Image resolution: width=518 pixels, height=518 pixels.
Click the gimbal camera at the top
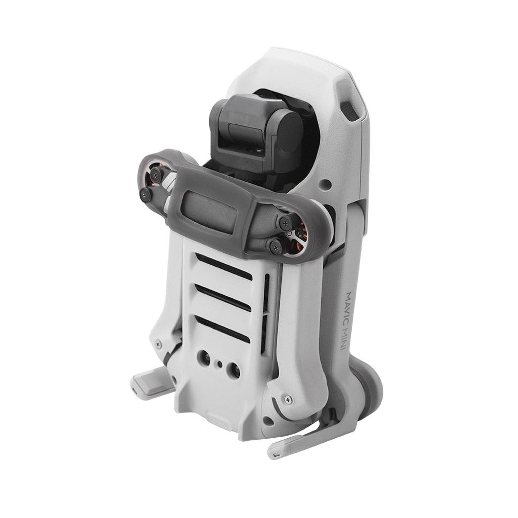(x=259, y=129)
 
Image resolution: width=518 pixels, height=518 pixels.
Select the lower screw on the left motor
(x=146, y=195)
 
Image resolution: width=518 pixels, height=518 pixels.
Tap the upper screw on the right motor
(x=285, y=223)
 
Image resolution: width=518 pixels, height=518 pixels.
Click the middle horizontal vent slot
(x=223, y=298)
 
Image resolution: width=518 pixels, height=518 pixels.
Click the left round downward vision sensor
(x=204, y=357)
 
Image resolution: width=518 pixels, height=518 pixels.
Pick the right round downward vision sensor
(x=234, y=369)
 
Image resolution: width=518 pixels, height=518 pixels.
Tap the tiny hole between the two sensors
(x=220, y=364)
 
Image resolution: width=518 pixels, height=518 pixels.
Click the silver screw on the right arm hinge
(x=288, y=399)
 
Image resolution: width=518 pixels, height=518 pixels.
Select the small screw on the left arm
(x=158, y=344)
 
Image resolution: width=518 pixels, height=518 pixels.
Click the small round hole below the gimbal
(x=326, y=184)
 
